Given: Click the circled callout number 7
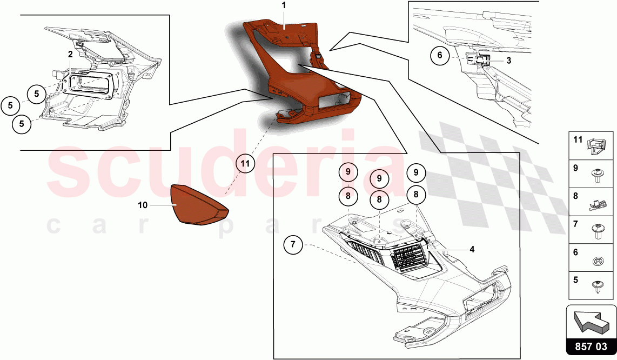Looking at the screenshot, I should pyautogui.click(x=293, y=245).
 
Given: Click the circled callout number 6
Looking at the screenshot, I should pyautogui.click(x=440, y=55).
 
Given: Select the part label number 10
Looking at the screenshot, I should pyautogui.click(x=143, y=205).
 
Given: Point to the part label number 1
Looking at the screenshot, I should pyautogui.click(x=283, y=5).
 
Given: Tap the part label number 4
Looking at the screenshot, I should pyautogui.click(x=472, y=250).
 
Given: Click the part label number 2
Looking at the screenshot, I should pyautogui.click(x=70, y=55).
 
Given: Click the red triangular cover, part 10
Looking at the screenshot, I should pyautogui.click(x=197, y=205).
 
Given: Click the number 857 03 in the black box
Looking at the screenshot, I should pyautogui.click(x=592, y=346).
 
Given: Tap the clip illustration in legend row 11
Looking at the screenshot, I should pyautogui.click(x=596, y=144).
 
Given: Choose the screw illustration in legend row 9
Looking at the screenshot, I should pyautogui.click(x=597, y=174).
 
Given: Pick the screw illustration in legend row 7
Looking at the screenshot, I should pyautogui.click(x=597, y=230).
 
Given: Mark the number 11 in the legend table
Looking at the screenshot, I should pyautogui.click(x=578, y=139).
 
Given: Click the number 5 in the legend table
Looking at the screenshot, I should pyautogui.click(x=575, y=280).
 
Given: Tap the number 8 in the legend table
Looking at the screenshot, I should pyautogui.click(x=575, y=196).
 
